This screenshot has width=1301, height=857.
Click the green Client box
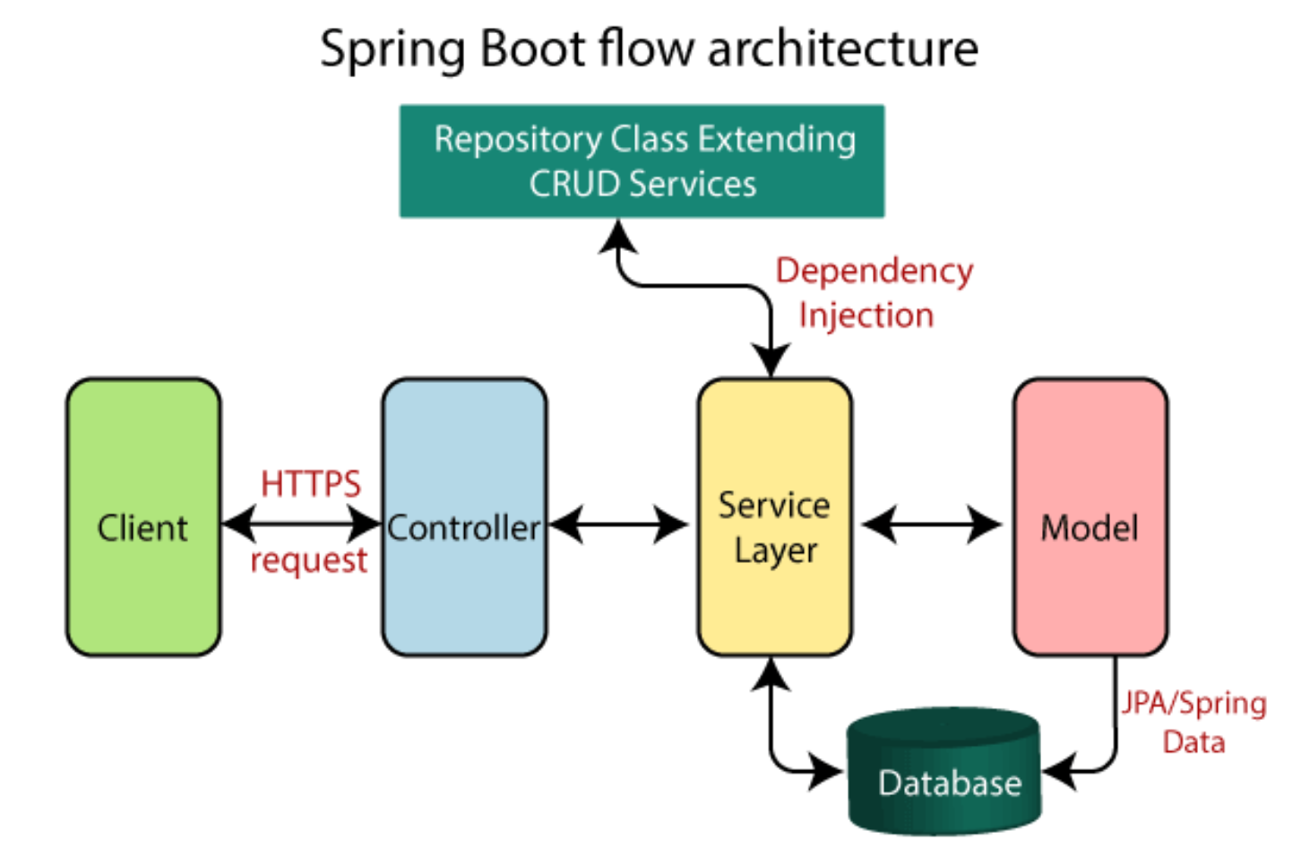coord(143,517)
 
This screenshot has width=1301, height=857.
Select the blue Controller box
coord(464,517)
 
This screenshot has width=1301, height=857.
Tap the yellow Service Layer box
coord(774,517)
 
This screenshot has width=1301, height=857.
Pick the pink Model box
coord(1090,517)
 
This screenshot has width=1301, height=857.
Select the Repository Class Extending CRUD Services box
coord(642,161)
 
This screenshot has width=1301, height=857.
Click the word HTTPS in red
coord(310,484)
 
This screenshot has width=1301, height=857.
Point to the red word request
coord(309,560)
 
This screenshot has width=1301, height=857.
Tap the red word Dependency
coord(874,271)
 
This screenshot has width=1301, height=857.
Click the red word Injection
coord(866,316)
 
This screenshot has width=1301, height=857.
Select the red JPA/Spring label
coord(1193,703)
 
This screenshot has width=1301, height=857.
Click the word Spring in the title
coord(392,48)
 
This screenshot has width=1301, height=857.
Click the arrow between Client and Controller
coord(301,524)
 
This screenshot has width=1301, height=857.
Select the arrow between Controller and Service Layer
coord(618,524)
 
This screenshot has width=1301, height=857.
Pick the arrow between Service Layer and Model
coord(932,524)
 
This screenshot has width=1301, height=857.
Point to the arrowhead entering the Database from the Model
coord(1060,771)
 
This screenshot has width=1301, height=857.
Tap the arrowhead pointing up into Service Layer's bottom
coord(771,674)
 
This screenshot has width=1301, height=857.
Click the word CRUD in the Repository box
coord(573,185)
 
